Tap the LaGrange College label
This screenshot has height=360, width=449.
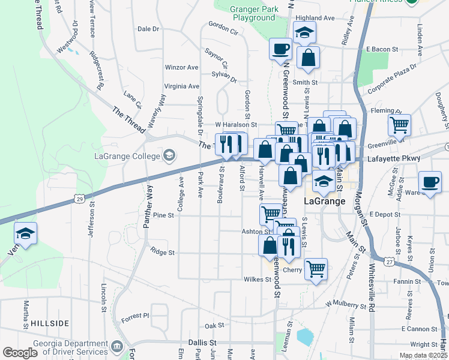point(127,156)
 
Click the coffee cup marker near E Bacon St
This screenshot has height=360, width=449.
point(280,49)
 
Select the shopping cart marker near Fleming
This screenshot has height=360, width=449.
point(399,125)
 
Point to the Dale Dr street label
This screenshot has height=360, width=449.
point(148,28)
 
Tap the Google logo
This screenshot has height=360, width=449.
point(20,353)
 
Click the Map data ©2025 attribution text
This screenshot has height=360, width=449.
point(423,355)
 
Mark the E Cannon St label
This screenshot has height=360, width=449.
point(420,329)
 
